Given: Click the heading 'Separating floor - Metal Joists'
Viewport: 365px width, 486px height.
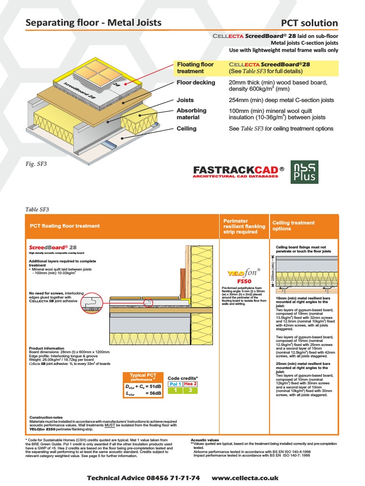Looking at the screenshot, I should coord(93,22).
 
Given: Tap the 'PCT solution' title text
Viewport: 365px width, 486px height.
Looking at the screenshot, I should coord(309,23).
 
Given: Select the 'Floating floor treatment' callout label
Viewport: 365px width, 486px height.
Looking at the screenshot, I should coord(195,68).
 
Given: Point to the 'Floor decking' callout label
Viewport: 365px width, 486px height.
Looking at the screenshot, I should coord(196,83).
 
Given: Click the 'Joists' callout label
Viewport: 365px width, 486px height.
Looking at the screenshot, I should coord(185,100).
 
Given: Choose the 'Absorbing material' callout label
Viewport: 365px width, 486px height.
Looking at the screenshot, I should coord(192,114).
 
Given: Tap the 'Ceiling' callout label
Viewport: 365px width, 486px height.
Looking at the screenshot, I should coord(186,129).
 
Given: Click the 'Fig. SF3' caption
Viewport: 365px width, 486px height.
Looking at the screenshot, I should coord(36,164).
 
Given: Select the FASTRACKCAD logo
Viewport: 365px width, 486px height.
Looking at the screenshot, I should coord(239,171).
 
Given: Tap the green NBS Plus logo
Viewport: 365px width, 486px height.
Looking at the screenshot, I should coord(305,172).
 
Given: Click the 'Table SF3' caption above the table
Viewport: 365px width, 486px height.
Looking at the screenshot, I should coord(37,209).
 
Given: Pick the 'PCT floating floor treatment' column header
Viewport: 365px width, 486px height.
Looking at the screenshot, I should coord(65,226).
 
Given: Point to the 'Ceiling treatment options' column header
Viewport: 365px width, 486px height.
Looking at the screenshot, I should coord(293,225).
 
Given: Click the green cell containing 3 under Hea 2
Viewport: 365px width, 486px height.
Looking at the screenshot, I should coord(190,390).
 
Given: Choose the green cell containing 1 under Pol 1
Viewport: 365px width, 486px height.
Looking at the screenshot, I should coord(176,390).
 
